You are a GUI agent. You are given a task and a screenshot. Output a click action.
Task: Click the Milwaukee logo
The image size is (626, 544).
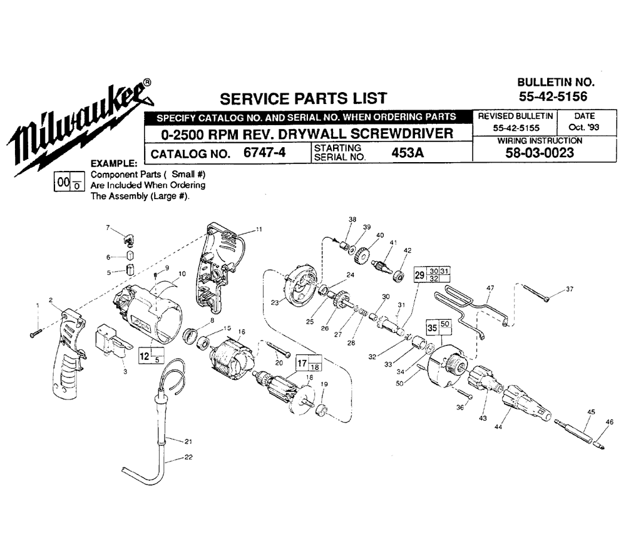pos(80,128)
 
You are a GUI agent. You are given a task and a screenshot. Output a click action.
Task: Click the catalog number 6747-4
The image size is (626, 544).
pos(264,153)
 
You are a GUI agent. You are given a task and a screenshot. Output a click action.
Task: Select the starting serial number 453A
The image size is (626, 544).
pos(408,153)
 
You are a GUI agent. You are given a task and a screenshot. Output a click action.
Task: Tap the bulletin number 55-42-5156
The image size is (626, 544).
pos(553,96)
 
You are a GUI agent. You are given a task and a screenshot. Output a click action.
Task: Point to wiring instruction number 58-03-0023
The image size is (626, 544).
pos(540,153)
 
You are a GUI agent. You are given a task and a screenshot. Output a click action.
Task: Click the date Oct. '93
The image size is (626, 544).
pos(584,127)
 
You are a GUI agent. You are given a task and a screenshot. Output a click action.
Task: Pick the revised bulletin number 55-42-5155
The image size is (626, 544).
pos(516,128)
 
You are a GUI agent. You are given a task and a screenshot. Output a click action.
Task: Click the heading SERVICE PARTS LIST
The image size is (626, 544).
pos(304,98)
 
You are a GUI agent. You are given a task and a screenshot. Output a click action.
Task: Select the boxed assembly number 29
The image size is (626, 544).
pos(419,275)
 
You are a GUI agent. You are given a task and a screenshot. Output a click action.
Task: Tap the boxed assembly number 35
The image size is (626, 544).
pos(433,328)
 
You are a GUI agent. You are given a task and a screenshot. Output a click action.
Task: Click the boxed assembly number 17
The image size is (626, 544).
pos(302,363)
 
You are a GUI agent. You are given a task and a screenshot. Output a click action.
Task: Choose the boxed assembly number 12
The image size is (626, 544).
pos(144,356)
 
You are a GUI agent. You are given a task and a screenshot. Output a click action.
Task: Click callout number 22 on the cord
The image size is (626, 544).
pos(188,457)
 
